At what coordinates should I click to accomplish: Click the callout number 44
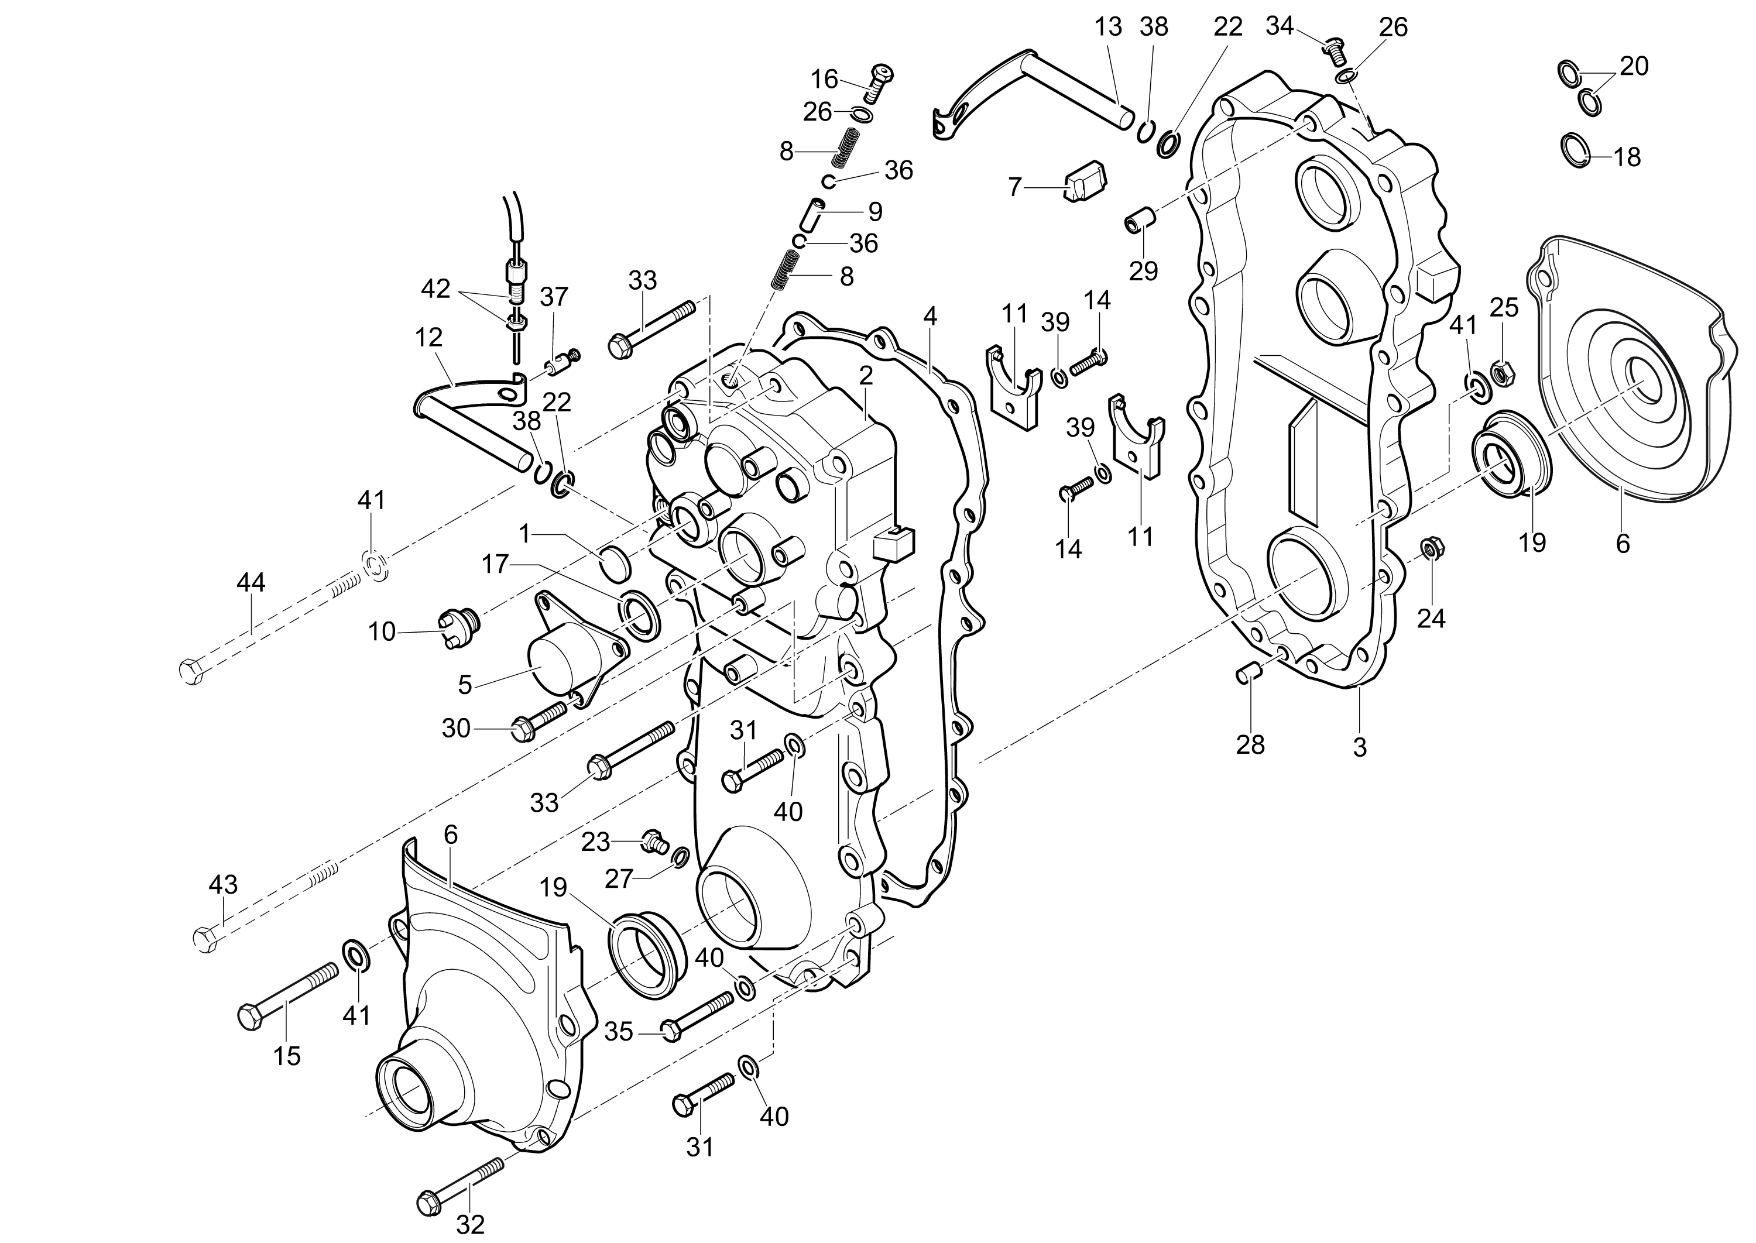click(251, 583)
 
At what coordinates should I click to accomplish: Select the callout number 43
click(224, 885)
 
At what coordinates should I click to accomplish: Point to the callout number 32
click(470, 1225)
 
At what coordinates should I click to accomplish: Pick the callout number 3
click(1360, 747)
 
